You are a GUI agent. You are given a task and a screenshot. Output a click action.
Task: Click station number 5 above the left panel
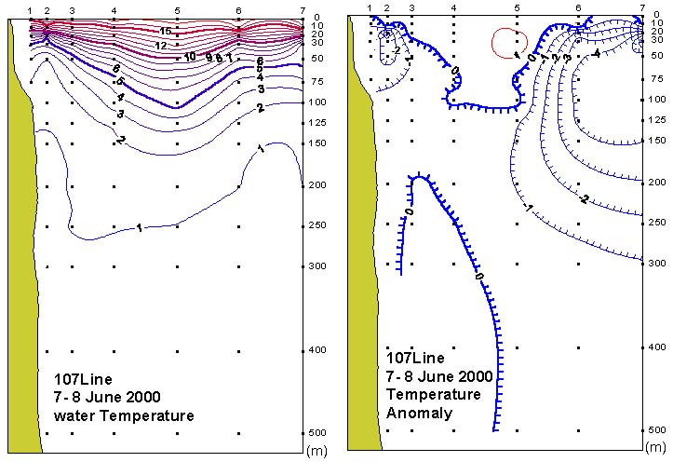(x=178, y=9)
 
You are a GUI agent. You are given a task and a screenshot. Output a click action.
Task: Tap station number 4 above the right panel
(x=453, y=9)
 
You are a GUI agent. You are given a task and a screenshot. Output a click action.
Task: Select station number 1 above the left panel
(x=31, y=9)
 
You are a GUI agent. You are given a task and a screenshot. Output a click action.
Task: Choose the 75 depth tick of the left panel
(x=317, y=81)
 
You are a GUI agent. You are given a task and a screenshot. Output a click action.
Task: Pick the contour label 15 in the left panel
(x=166, y=32)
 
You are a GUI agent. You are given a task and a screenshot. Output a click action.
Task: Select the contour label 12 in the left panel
(x=161, y=45)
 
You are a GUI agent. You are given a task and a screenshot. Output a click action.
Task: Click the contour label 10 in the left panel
(x=190, y=56)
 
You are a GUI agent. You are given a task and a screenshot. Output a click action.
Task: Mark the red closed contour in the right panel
(x=509, y=42)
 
